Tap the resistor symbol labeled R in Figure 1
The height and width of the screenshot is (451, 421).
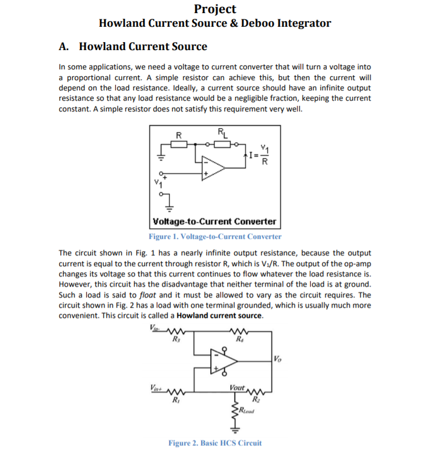click(x=180, y=144)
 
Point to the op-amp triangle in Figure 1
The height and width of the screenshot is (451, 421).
click(x=214, y=167)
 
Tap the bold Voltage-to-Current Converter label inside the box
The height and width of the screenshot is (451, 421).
click(x=215, y=221)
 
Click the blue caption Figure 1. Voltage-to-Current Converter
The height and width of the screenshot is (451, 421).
click(x=215, y=237)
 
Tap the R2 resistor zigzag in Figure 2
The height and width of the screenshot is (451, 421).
click(x=253, y=392)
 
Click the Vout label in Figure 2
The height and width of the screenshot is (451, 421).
click(x=237, y=387)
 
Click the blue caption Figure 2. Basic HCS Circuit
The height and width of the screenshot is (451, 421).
click(x=215, y=442)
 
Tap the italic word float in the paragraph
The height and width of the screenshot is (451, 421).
click(x=149, y=295)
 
